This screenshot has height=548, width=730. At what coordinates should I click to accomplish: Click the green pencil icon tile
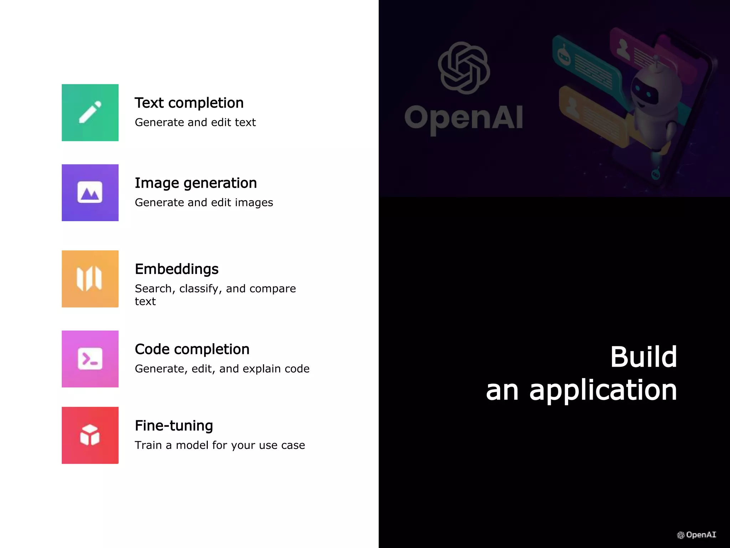(x=90, y=113)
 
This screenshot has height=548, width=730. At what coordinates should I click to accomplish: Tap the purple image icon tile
(x=90, y=193)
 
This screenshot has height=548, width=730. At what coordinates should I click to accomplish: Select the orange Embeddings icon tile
(x=90, y=279)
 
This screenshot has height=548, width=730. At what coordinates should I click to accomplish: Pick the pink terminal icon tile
(x=90, y=359)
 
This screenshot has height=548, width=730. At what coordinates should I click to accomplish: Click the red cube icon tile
(x=90, y=435)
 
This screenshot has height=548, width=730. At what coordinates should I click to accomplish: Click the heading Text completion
(x=189, y=103)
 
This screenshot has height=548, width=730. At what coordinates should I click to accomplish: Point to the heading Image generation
(x=196, y=183)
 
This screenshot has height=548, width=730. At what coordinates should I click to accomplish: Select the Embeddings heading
(x=176, y=269)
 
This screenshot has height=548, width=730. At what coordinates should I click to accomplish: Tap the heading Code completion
(x=192, y=349)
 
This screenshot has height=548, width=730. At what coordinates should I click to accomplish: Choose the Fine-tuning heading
(x=174, y=426)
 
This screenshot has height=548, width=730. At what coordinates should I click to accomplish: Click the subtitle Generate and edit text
(x=195, y=122)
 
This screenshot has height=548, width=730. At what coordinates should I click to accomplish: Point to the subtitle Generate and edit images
(x=204, y=203)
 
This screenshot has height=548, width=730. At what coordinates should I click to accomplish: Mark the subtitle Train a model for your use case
(x=220, y=445)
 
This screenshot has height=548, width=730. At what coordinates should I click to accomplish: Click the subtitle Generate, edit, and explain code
(x=222, y=369)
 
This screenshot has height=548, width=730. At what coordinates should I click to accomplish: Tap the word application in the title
(x=603, y=391)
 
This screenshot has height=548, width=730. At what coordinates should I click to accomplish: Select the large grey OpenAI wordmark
(x=464, y=118)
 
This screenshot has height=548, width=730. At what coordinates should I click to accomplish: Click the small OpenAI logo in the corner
(x=696, y=535)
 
